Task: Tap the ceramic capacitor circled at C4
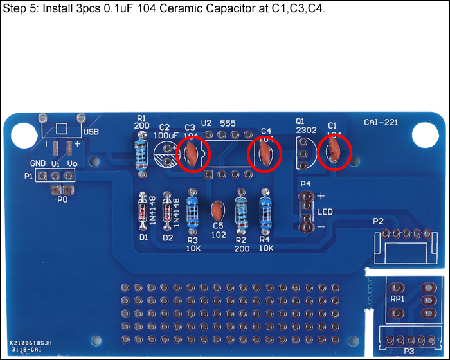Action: [264, 153]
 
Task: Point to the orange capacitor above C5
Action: [217, 210]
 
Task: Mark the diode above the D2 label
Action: [168, 213]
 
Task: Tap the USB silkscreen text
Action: [91, 131]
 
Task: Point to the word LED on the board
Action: [325, 212]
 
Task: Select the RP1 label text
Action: [397, 299]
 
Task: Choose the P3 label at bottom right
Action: [409, 351]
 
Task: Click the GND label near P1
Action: [38, 164]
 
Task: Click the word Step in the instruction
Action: [14, 10]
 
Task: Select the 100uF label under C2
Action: [165, 136]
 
